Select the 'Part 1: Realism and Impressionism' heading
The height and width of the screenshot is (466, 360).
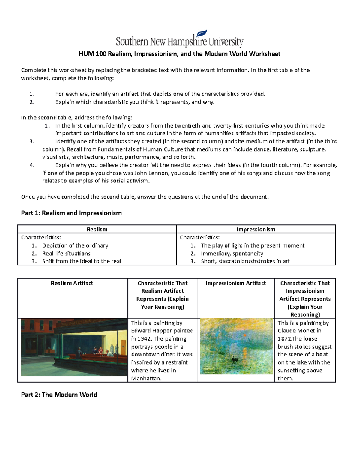[71, 213]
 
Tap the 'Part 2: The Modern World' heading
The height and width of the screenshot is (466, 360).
[59, 395]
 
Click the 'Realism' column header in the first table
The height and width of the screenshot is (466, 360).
[97, 229]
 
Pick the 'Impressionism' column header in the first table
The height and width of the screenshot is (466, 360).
[256, 229]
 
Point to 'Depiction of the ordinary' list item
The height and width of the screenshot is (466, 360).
[75, 245]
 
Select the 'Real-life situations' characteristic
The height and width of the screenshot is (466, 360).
[66, 254]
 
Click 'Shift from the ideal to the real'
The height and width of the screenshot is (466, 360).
[82, 261]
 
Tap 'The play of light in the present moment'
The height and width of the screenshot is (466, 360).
[253, 245]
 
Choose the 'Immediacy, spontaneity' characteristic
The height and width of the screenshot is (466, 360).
[232, 254]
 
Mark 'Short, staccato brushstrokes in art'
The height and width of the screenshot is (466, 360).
[245, 261]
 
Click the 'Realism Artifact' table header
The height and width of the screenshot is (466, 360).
[72, 283]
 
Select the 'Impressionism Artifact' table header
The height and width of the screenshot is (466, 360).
[236, 283]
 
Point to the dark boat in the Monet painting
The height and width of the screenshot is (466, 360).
[233, 358]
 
